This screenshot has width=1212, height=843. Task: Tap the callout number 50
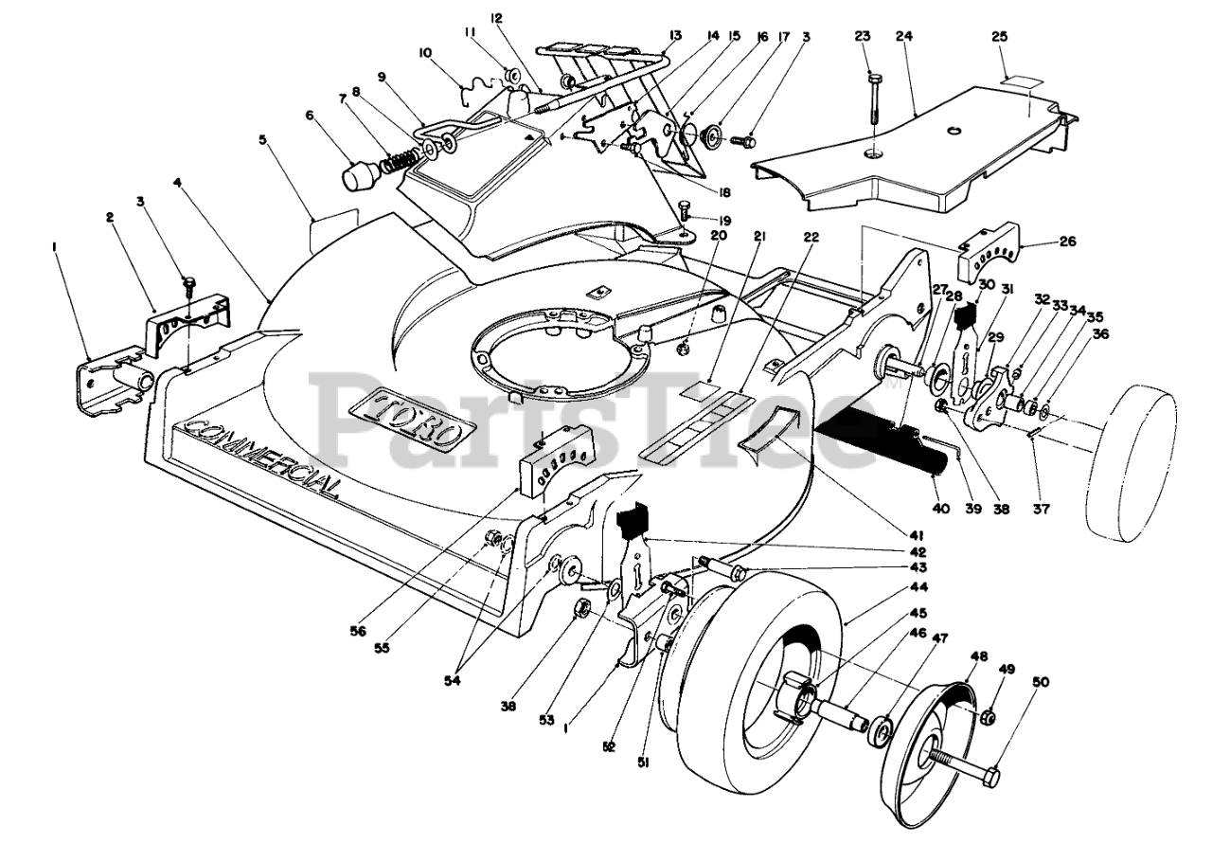point(1041,682)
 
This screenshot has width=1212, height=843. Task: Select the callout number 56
point(358,631)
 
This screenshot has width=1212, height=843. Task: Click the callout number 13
point(675,36)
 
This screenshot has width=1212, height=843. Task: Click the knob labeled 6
point(360,175)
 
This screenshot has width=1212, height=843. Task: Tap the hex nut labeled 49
point(988,718)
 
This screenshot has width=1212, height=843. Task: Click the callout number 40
point(941,510)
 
